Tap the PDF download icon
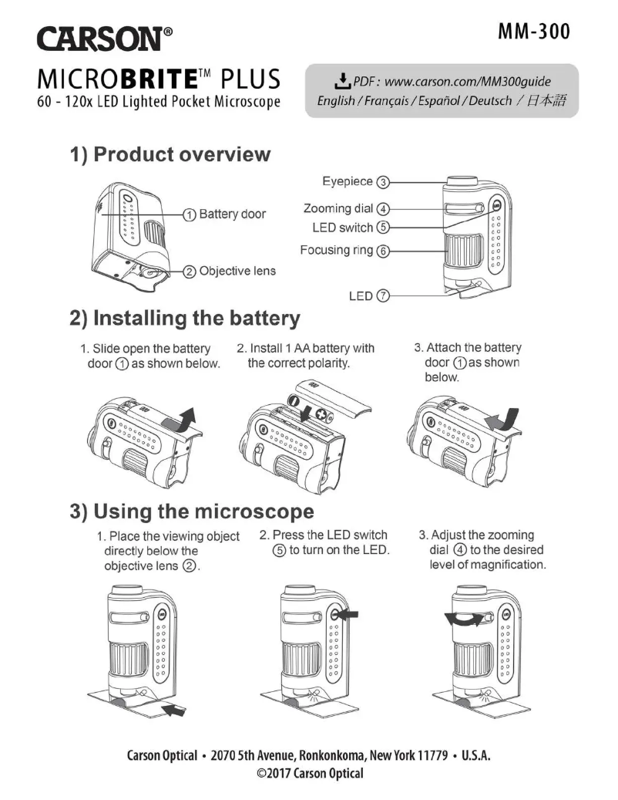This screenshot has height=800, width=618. click(x=339, y=81)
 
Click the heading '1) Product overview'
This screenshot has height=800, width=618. click(x=170, y=154)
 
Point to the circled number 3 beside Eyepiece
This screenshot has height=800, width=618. click(x=383, y=182)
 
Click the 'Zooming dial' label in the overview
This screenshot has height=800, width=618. click(x=338, y=208)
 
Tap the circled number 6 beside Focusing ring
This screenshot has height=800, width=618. click(x=383, y=251)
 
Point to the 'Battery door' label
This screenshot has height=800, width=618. click(x=232, y=214)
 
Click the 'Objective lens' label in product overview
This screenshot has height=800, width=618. click(x=237, y=271)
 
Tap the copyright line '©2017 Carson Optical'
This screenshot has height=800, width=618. click(x=309, y=774)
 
